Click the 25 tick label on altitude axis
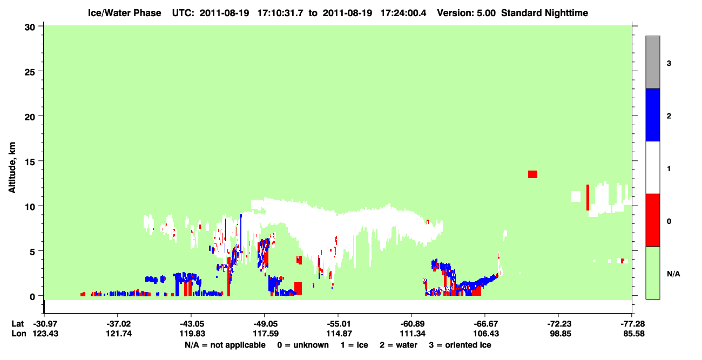30,72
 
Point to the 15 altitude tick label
30,162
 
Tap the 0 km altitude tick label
32,297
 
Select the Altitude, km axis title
12,168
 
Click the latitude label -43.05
192,324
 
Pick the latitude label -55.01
339,324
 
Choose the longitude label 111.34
413,334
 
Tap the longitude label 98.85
561,334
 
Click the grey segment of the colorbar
652,62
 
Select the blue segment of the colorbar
652,114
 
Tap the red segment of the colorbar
652,220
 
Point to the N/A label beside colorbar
673,274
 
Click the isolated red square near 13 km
532,174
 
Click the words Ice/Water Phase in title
124,13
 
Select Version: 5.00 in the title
467,13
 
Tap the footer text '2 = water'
399,345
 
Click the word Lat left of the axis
18,324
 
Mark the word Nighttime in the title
566,13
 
